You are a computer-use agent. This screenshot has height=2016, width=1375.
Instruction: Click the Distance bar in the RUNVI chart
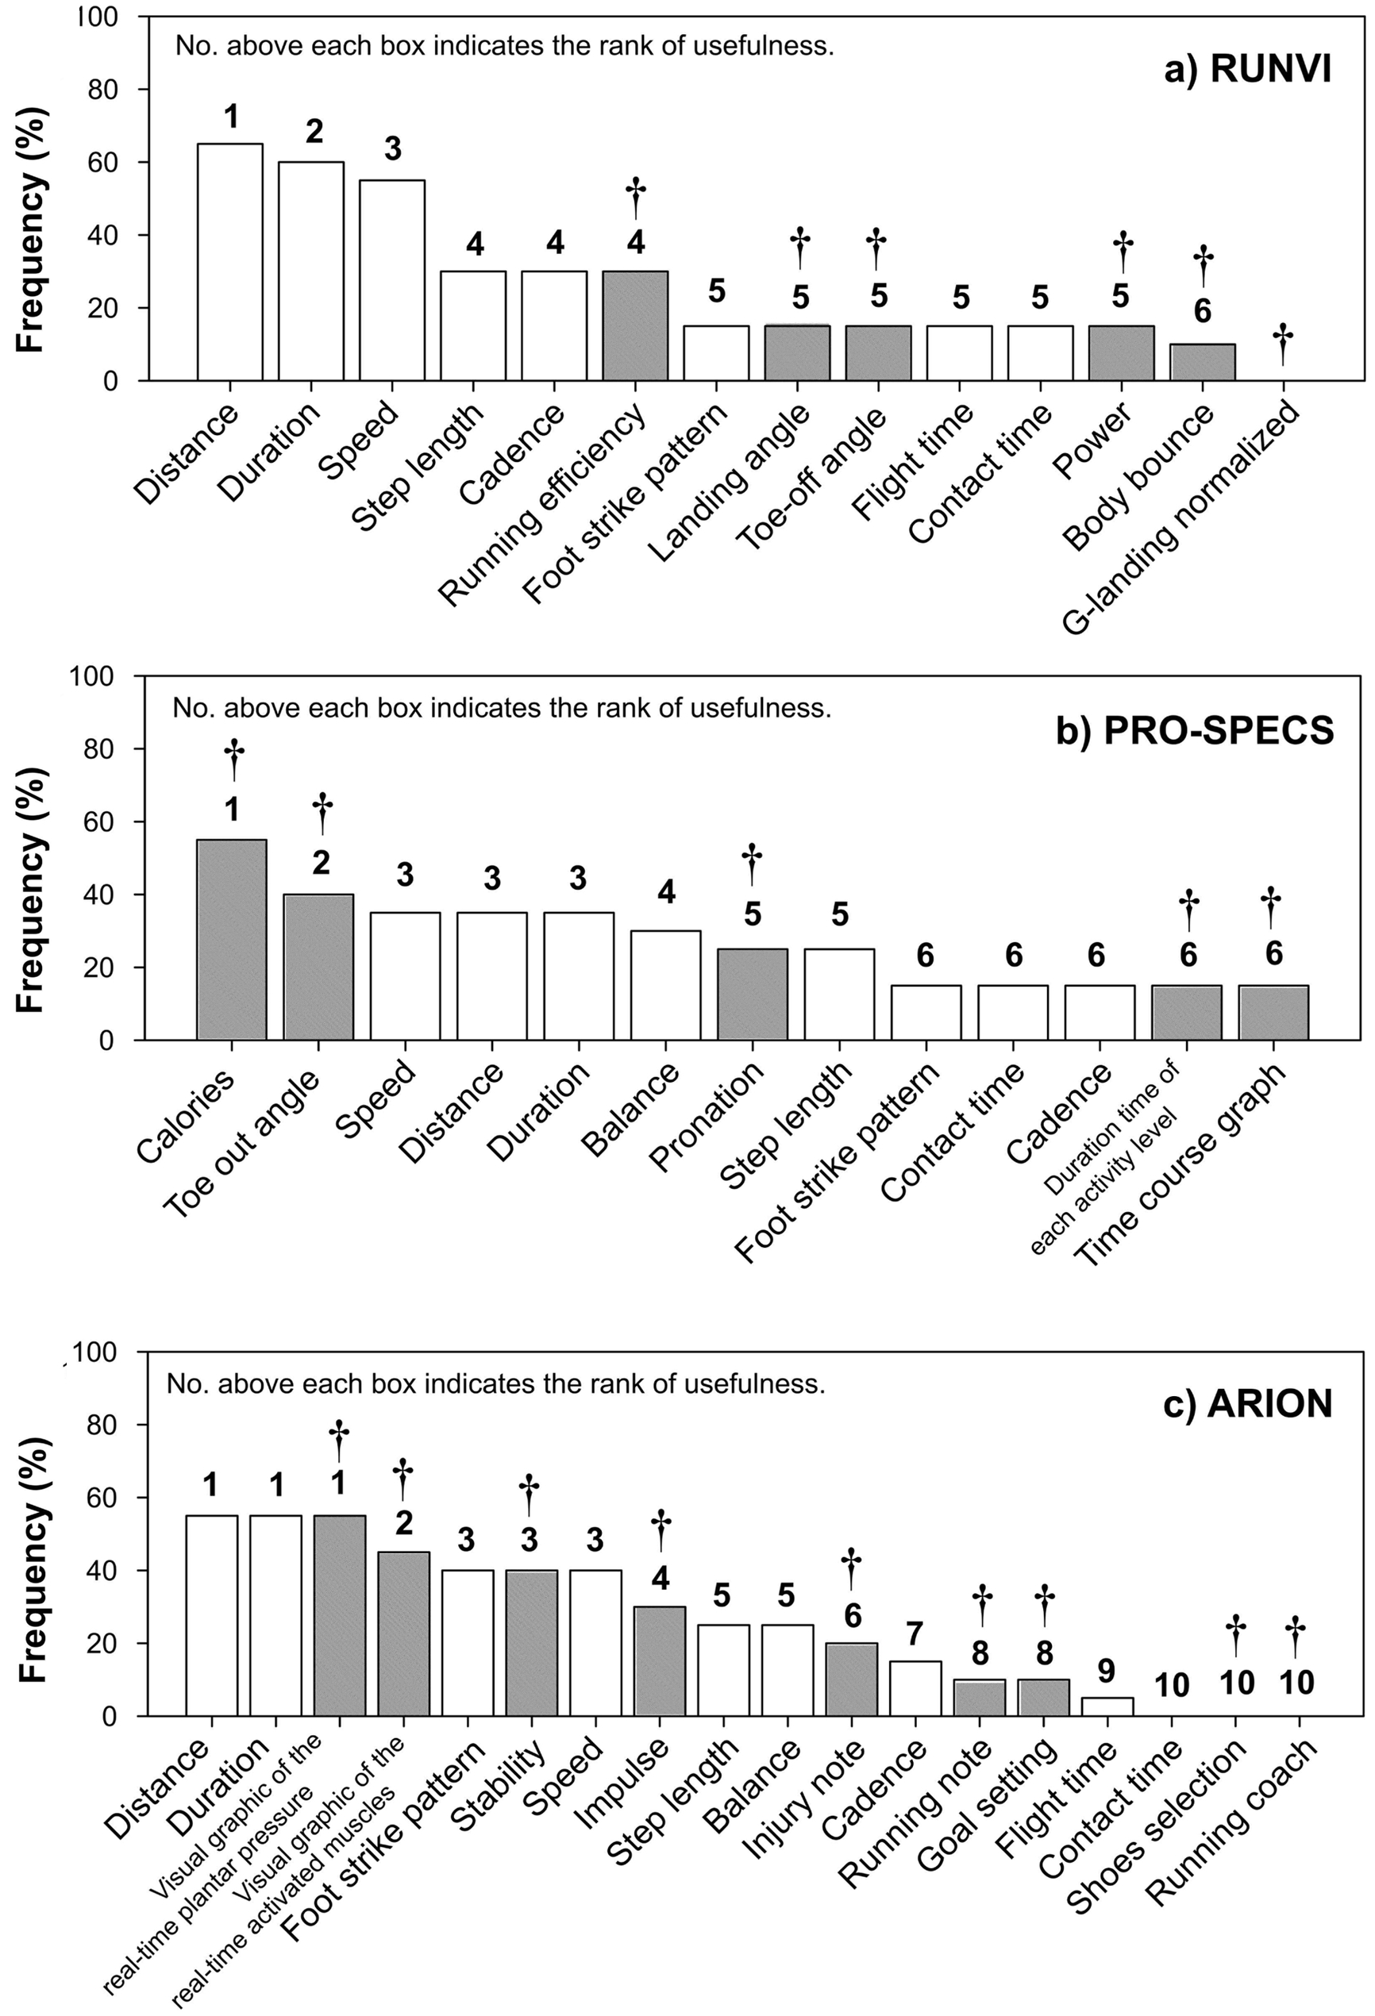click(x=230, y=262)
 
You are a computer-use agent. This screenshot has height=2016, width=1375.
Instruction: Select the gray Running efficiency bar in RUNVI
click(x=636, y=326)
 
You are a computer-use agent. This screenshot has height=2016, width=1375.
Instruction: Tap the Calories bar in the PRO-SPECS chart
click(x=232, y=940)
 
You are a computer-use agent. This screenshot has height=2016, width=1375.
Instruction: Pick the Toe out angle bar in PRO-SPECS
click(x=318, y=968)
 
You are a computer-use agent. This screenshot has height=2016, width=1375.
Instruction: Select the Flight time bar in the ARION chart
click(x=1107, y=1707)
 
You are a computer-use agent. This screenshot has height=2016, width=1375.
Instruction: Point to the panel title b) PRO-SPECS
click(x=1195, y=731)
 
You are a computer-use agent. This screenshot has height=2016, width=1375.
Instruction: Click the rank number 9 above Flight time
click(x=1107, y=1672)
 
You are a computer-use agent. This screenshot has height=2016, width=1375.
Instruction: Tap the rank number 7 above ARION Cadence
click(x=915, y=1634)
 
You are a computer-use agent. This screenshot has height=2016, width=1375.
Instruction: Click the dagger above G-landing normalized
click(x=1283, y=344)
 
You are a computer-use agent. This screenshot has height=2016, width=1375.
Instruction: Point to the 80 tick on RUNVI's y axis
click(x=102, y=90)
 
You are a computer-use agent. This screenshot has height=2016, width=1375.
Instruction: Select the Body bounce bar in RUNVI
click(x=1203, y=363)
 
